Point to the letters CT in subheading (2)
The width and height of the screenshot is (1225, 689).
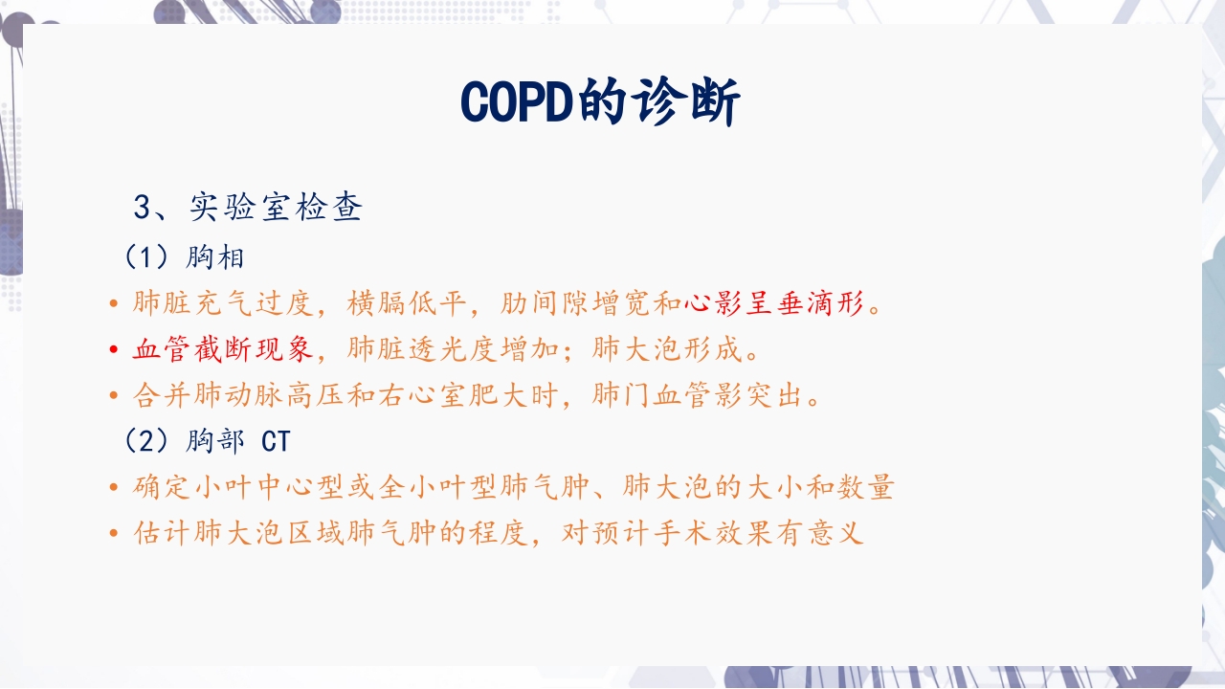(276, 441)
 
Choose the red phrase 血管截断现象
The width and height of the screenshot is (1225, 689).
(223, 350)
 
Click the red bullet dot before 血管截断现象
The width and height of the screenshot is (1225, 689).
(115, 350)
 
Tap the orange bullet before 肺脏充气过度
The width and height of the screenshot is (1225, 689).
(115, 304)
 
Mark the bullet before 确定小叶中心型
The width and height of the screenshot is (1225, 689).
(115, 488)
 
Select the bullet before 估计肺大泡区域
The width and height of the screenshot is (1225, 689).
(115, 534)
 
